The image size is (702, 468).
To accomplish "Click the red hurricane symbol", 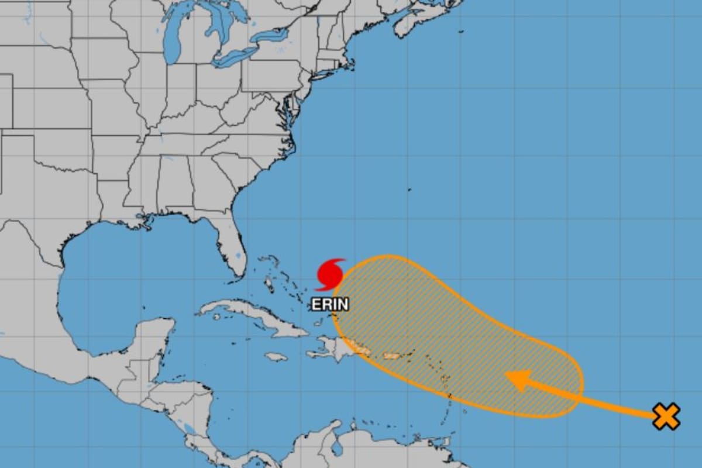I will (x=329, y=274).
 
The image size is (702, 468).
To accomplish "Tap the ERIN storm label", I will (x=330, y=304).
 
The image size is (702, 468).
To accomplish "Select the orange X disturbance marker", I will (x=666, y=417).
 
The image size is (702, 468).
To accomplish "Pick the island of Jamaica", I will (x=276, y=356).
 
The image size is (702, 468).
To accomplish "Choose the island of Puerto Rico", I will (x=391, y=355).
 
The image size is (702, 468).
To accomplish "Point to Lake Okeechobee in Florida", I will (x=238, y=256).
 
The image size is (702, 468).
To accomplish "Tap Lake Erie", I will (x=231, y=58).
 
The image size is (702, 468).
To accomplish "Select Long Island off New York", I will (x=342, y=66).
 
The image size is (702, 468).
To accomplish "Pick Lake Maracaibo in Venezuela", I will (x=336, y=448).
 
